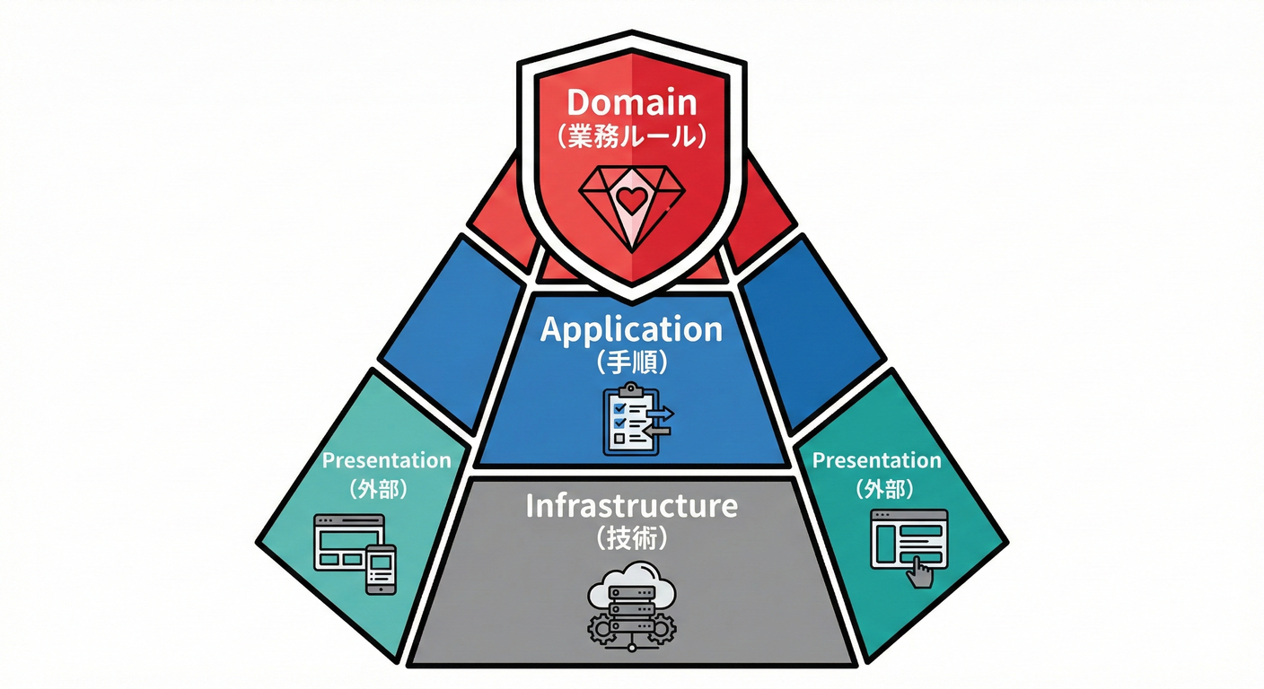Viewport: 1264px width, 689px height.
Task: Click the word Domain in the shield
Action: coord(631,101)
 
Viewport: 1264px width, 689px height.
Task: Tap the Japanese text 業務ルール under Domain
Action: coord(631,136)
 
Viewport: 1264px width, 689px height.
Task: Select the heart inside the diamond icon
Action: coord(632,200)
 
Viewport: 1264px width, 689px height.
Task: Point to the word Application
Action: coord(631,330)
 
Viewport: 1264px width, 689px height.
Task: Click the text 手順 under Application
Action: coord(631,363)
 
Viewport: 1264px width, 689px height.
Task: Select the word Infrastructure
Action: coord(631,506)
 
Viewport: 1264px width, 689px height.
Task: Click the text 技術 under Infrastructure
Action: coord(631,539)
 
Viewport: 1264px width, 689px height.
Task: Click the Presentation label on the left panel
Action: coord(386,460)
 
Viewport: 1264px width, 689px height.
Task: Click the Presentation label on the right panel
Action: coord(876,460)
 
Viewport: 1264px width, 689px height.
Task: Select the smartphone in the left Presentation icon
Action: coord(380,569)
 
